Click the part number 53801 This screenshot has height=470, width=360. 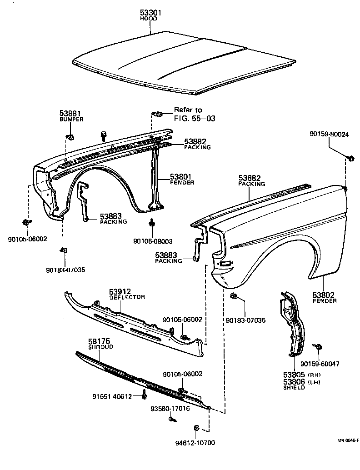tap(182, 176)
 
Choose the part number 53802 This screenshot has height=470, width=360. tap(324, 295)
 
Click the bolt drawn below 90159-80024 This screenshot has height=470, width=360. tap(351, 158)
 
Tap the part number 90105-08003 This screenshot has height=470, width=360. tap(153, 241)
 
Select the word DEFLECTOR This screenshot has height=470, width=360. tap(127, 297)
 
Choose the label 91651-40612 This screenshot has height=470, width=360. tap(109, 396)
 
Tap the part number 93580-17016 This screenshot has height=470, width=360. tap(170, 408)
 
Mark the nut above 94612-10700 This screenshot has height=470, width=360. tap(196, 428)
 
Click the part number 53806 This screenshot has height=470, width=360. tap(294, 382)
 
